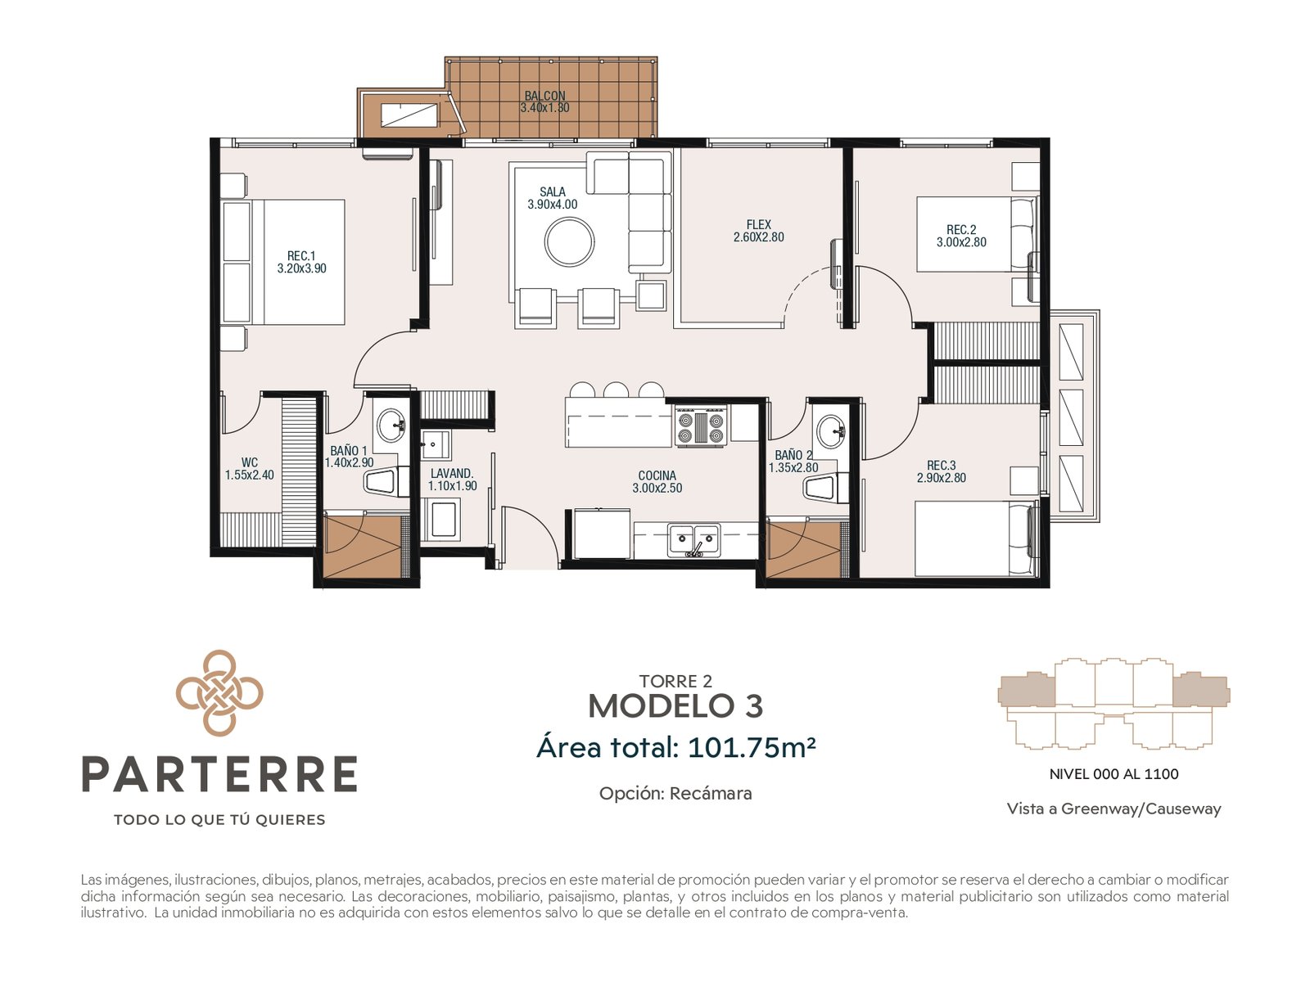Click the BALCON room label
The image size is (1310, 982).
(x=544, y=96)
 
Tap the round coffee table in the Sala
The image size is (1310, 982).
(x=569, y=242)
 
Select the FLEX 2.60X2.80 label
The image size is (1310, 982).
(x=758, y=231)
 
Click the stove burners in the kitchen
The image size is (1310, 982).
(x=701, y=427)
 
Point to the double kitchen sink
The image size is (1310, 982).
(x=693, y=539)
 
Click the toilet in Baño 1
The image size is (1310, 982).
(x=386, y=480)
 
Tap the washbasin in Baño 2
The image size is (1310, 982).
(x=831, y=430)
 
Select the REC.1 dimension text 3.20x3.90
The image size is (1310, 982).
(x=301, y=268)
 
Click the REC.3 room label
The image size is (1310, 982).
(x=942, y=465)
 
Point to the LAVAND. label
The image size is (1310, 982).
(x=452, y=474)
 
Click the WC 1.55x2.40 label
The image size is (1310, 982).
(x=250, y=469)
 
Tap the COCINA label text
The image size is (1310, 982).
(x=657, y=475)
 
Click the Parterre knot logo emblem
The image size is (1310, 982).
(x=219, y=693)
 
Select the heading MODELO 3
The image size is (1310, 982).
(x=675, y=706)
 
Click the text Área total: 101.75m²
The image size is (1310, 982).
(x=675, y=747)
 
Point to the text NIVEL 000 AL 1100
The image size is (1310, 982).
(x=1113, y=774)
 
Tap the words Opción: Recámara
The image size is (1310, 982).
(x=675, y=794)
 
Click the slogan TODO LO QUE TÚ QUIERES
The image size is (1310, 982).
(x=219, y=820)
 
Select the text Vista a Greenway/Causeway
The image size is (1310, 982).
(x=1113, y=809)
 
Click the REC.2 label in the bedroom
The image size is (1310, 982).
(x=961, y=230)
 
